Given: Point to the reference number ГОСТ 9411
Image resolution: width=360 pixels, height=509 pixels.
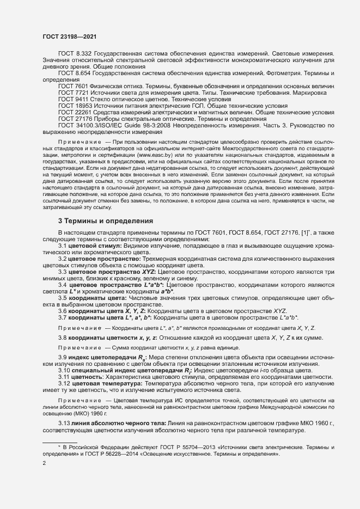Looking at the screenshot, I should (x=73, y=100).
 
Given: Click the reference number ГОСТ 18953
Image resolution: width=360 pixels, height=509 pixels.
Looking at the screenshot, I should (x=75, y=106).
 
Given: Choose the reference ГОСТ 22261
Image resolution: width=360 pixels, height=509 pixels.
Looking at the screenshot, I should (x=75, y=113).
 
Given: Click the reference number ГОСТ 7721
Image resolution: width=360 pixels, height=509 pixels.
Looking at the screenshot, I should (x=73, y=93).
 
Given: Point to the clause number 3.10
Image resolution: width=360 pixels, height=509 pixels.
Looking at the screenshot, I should (x=64, y=370).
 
